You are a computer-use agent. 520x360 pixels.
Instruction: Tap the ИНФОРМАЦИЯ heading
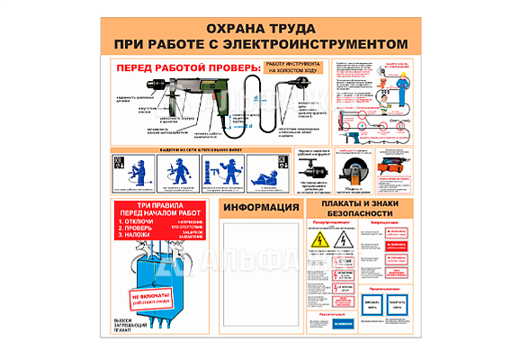tap(261, 208)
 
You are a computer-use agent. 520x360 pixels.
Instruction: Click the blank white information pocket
tap(261, 274)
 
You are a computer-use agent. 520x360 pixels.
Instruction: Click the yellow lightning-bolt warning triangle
tap(319, 242)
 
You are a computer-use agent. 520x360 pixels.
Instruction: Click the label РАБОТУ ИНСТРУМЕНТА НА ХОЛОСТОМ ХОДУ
tap(292, 68)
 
